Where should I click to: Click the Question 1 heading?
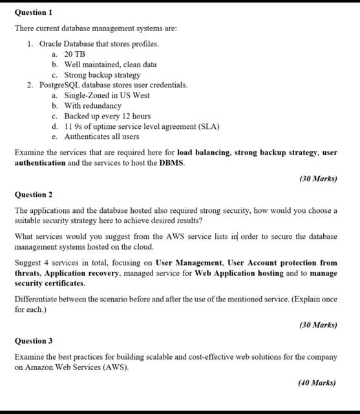point(34,12)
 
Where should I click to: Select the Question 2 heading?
point(34,194)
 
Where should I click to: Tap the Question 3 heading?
point(34,340)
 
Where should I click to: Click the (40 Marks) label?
point(317,382)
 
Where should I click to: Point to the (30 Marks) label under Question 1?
point(318,178)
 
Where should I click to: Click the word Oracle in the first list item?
point(52,44)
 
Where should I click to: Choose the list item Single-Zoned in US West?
point(107,95)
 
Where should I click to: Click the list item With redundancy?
point(92,105)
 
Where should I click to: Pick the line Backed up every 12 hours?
point(107,116)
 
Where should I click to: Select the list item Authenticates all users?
point(101,136)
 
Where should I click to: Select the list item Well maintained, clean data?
point(110,65)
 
